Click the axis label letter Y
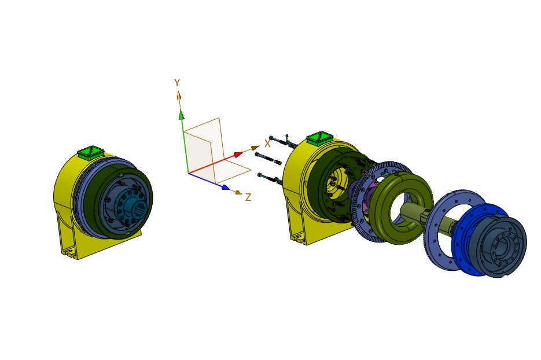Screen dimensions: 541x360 pyautogui.click(x=177, y=83)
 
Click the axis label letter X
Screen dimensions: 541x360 pyautogui.click(x=267, y=144)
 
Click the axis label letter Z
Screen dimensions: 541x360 pyautogui.click(x=248, y=197)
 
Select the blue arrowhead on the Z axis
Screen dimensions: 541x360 pyautogui.click(x=226, y=188)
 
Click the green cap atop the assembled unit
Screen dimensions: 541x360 pyautogui.click(x=90, y=152)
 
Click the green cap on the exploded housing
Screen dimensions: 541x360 pyautogui.click(x=320, y=138)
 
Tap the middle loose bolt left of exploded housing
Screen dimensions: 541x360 pyautogui.click(x=268, y=158)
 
